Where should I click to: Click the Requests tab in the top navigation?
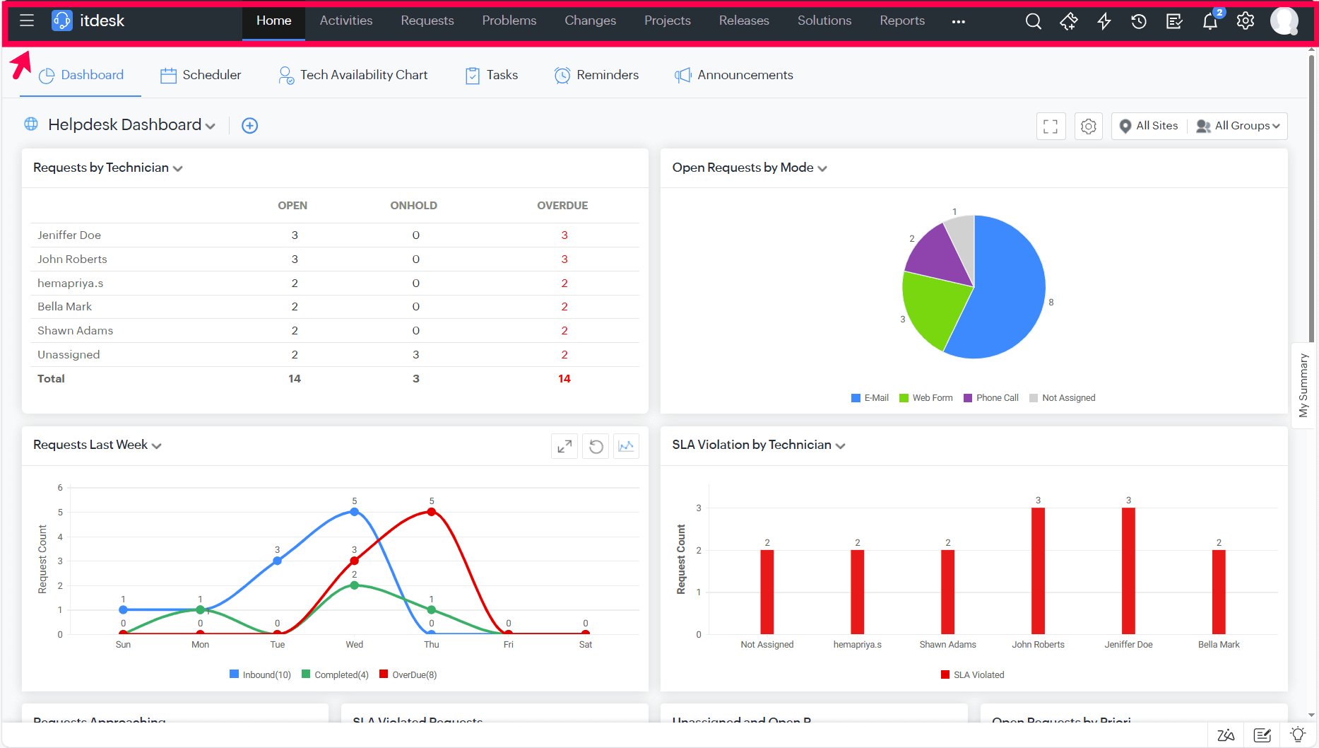(427, 21)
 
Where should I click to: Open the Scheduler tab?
(201, 75)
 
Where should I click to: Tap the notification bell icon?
(1209, 21)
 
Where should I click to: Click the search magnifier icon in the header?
(1033, 21)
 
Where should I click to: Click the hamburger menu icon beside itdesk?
(27, 21)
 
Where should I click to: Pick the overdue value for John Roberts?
(564, 259)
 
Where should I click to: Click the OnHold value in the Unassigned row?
(415, 355)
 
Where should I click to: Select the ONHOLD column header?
(413, 206)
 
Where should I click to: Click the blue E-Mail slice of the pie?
(1003, 297)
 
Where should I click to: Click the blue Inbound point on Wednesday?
(355, 512)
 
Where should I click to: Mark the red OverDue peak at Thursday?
(432, 512)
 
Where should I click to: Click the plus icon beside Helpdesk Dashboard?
(249, 126)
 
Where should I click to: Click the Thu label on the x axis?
(431, 645)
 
